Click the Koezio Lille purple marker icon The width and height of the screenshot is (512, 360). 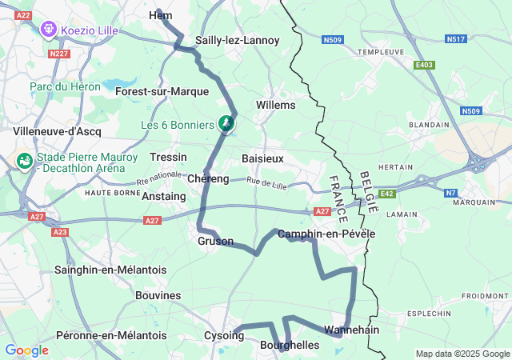pos(48,30)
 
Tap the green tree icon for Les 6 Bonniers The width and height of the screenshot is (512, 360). pos(226,124)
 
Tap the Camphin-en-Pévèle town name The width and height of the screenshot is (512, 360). pos(326,234)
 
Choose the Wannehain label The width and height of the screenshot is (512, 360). pos(351,330)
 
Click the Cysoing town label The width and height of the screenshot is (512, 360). pos(223,335)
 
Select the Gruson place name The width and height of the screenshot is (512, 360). pos(215,241)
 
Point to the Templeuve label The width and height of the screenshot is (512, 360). pos(380,51)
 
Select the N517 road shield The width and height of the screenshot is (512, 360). pos(456,38)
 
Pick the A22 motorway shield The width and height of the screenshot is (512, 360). pos(23,15)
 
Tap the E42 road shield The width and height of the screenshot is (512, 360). pos(387,194)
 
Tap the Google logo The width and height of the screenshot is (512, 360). pos(26,350)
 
